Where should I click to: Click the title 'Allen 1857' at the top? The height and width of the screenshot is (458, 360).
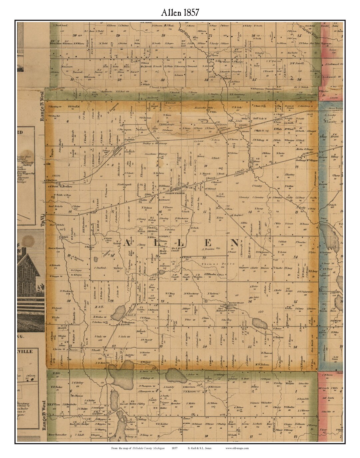click(180, 12)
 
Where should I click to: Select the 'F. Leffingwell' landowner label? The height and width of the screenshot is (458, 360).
click(125, 184)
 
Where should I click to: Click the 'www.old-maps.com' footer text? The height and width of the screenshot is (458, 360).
click(237, 448)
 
